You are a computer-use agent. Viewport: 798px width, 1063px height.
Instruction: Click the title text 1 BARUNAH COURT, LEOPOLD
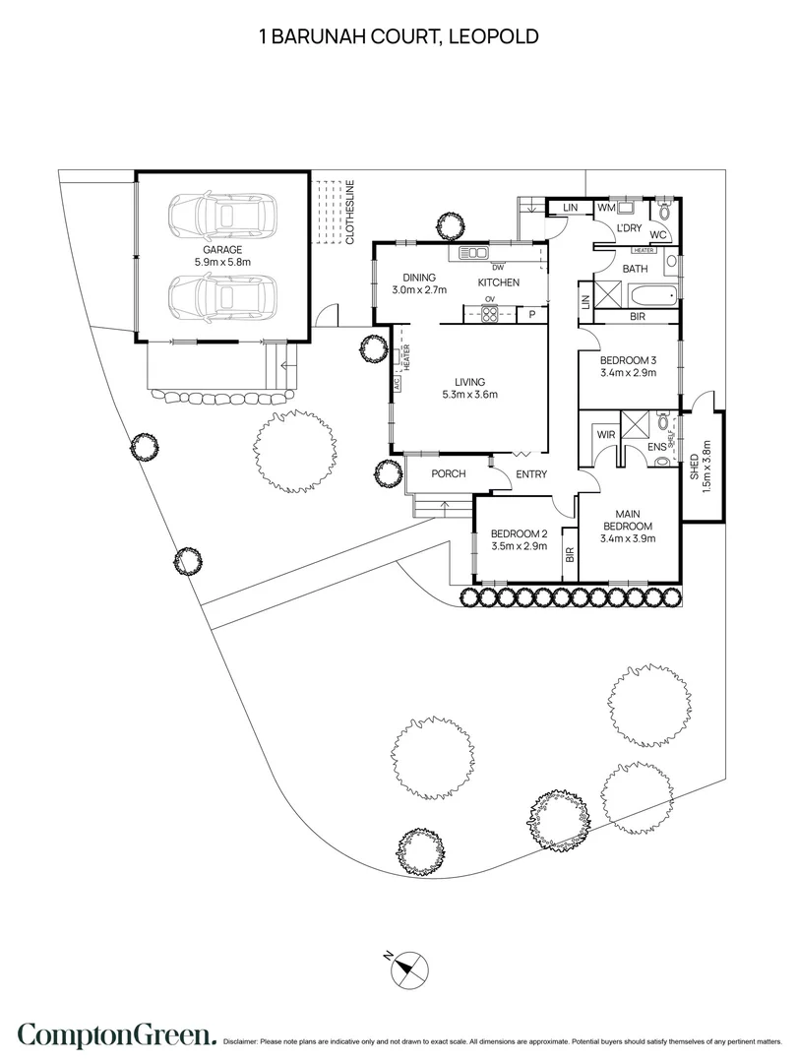(x=399, y=37)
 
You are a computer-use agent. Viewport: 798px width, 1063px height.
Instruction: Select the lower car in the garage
(x=222, y=294)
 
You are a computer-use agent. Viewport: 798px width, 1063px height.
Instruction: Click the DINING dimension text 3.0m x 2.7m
(x=419, y=290)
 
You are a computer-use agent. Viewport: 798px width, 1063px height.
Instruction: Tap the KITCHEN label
(x=499, y=283)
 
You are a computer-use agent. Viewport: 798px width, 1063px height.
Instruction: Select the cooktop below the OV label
(x=488, y=315)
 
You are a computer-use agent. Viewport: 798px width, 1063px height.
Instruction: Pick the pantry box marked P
(x=531, y=315)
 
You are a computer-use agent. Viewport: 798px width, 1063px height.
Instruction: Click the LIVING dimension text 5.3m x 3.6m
(x=470, y=396)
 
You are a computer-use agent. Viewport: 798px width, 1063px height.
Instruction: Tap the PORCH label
(x=449, y=474)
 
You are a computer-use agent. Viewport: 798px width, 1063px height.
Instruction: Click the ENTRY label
(x=531, y=474)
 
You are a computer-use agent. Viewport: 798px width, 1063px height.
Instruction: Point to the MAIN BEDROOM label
(x=628, y=520)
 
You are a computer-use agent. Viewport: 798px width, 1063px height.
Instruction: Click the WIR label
(x=604, y=434)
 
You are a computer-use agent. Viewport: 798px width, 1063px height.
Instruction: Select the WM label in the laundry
(x=606, y=208)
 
